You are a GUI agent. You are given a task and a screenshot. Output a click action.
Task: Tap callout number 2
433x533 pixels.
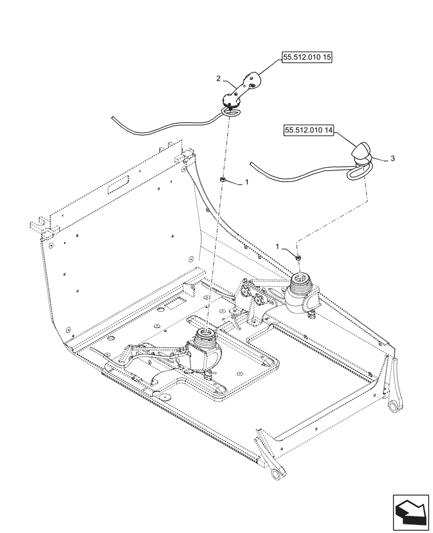point(219,78)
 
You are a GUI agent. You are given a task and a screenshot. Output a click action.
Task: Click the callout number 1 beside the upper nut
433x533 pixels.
point(246,182)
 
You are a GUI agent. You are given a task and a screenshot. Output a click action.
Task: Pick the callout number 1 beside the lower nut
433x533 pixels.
point(277,246)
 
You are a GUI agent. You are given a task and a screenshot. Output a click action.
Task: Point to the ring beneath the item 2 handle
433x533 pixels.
point(231,110)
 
